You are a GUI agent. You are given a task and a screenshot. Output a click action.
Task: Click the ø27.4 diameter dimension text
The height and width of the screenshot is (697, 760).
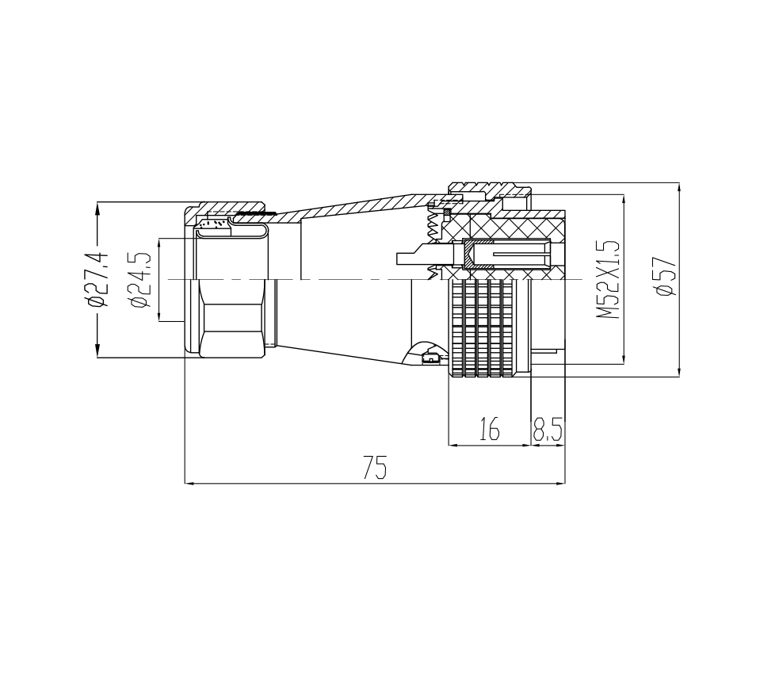(97, 280)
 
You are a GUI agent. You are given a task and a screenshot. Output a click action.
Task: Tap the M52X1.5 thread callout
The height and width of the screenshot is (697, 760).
(609, 279)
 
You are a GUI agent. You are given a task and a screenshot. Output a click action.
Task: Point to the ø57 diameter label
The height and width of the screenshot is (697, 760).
(665, 276)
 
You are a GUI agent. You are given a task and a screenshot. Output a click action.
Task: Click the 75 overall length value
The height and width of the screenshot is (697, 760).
(375, 468)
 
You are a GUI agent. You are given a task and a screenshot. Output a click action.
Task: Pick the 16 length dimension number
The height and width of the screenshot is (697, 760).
(490, 429)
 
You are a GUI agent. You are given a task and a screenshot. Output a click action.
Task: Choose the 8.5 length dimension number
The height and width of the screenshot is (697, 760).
(548, 429)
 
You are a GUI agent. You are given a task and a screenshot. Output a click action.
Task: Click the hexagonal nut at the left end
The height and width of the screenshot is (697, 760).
(231, 318)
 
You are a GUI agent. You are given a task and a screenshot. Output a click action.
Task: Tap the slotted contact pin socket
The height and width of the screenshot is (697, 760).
(507, 255)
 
